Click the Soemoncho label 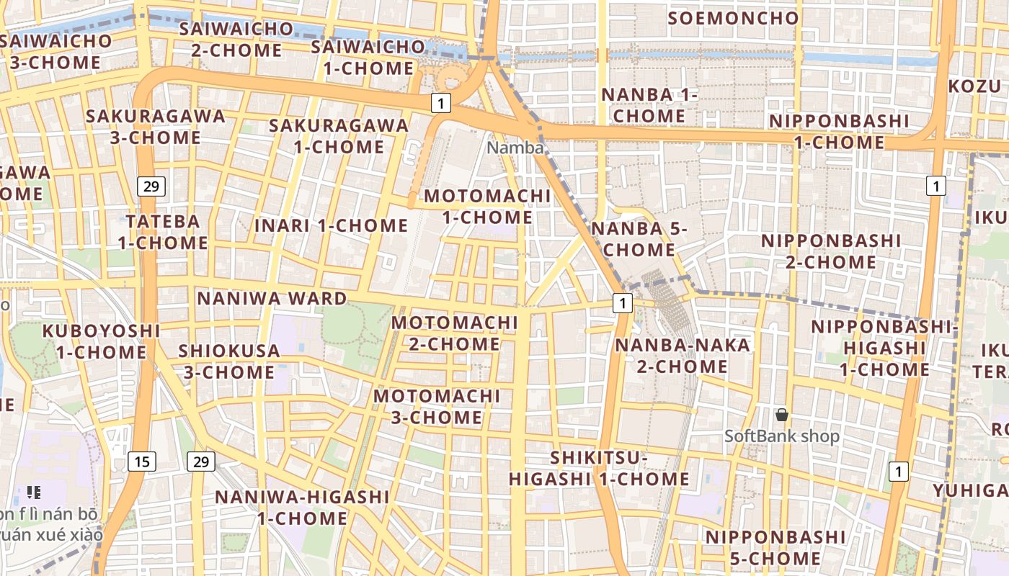pyautogui.click(x=734, y=18)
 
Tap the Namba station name pyautogui.click(x=515, y=148)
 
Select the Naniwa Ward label pyautogui.click(x=272, y=298)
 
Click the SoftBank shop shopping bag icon pyautogui.click(x=781, y=415)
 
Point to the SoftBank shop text pyautogui.click(x=781, y=436)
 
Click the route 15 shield pyautogui.click(x=142, y=462)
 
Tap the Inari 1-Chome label pyautogui.click(x=332, y=225)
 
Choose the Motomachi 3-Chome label pyautogui.click(x=437, y=406)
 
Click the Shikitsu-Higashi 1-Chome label pyautogui.click(x=600, y=468)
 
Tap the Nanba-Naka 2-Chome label pyautogui.click(x=682, y=356)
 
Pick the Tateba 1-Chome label pyautogui.click(x=163, y=232)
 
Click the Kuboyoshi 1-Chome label pyautogui.click(x=101, y=341)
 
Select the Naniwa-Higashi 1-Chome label pyautogui.click(x=302, y=507)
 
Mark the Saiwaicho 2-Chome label pyautogui.click(x=236, y=40)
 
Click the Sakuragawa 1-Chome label pyautogui.click(x=339, y=135)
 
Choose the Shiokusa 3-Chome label pyautogui.click(x=229, y=361)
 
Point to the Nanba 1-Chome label pyautogui.click(x=650, y=105)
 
